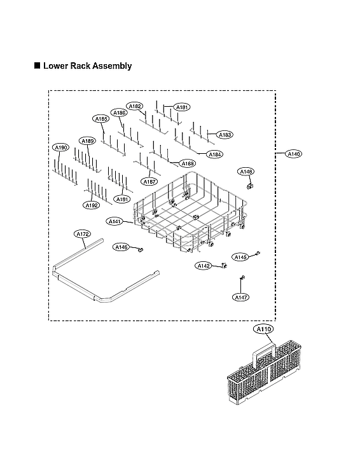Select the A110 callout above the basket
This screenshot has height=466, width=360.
(263, 329)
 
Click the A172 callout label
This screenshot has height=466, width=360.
(82, 235)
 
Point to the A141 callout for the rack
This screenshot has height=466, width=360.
(115, 221)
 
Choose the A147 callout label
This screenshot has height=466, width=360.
(240, 297)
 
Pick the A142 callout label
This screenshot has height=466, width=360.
(204, 266)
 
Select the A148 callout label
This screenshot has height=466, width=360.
(246, 172)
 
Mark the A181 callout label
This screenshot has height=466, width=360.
(182, 107)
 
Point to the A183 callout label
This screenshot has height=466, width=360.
(225, 135)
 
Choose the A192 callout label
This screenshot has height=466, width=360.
(91, 205)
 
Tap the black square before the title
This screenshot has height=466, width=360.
(37, 65)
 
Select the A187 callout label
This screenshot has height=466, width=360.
(149, 181)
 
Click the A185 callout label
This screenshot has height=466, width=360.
(100, 119)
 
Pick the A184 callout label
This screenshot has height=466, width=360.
(215, 154)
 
